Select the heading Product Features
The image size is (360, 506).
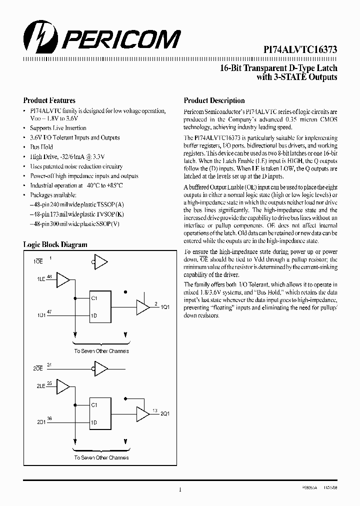tap(49, 100)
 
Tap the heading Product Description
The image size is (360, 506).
tap(214, 100)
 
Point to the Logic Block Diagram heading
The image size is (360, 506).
tap(55, 244)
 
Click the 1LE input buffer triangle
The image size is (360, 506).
tap(63, 280)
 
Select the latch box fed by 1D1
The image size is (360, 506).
tap(105, 306)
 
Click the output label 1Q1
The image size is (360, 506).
tap(164, 306)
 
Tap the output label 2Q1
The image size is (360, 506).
tap(164, 413)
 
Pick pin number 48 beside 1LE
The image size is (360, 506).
tap(49, 276)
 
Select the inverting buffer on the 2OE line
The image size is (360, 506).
tap(100, 369)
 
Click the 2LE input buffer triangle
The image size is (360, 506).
tap(63, 386)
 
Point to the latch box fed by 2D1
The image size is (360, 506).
tap(105, 413)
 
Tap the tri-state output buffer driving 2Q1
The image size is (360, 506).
tap(143, 413)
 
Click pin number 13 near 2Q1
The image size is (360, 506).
tap(155, 410)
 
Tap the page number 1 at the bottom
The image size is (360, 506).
tap(179, 490)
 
